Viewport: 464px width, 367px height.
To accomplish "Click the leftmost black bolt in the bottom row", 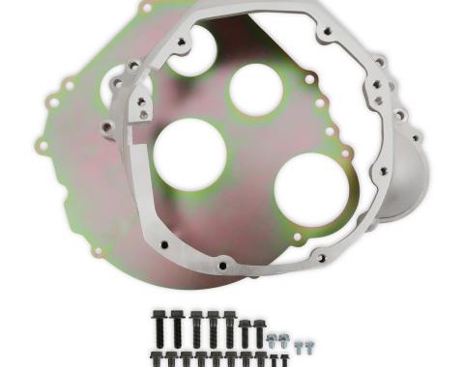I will [x=158, y=359].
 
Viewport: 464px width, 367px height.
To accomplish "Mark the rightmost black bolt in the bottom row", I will [x=287, y=360].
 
